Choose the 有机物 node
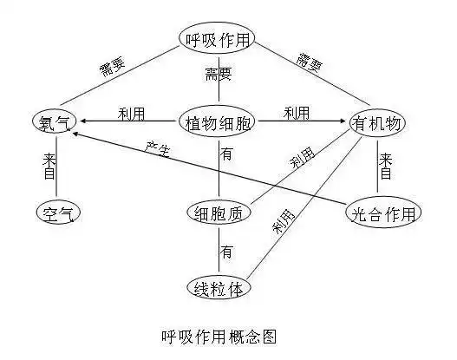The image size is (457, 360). [377, 123]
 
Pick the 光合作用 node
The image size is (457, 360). [382, 213]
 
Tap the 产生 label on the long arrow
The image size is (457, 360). [159, 148]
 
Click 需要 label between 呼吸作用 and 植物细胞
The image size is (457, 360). [219, 73]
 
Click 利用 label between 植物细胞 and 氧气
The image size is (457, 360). [132, 114]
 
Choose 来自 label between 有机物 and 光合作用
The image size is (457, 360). [386, 167]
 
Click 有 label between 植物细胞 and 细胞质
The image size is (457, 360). [226, 155]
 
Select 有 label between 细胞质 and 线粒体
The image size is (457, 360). [226, 252]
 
